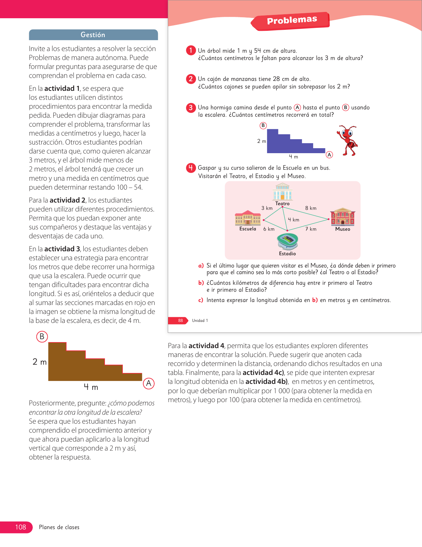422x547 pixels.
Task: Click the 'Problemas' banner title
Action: tap(292, 20)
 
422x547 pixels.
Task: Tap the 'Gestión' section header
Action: tap(93, 35)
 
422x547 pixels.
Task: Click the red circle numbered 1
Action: tap(191, 50)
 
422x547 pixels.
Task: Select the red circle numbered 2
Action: tap(191, 79)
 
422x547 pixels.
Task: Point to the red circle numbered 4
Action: tap(191, 168)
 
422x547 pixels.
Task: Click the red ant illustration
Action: tap(348, 140)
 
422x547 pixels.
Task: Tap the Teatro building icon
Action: tap(282, 192)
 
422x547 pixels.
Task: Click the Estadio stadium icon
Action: tap(288, 241)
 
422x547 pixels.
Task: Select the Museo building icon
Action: tap(343, 217)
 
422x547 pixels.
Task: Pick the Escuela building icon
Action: tap(248, 218)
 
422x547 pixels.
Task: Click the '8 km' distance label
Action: tap(311, 208)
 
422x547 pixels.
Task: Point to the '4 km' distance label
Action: tap(294, 220)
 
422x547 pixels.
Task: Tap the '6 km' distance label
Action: tap(269, 229)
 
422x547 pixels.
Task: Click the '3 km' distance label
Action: tap(267, 208)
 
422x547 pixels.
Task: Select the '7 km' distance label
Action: tap(311, 229)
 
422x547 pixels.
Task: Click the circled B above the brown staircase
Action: tap(42, 336)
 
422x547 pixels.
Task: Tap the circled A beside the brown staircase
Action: tap(149, 383)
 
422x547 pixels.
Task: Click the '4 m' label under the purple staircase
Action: tap(293, 157)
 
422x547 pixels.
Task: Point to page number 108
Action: tap(21, 527)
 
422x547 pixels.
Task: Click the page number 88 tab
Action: tap(180, 321)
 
